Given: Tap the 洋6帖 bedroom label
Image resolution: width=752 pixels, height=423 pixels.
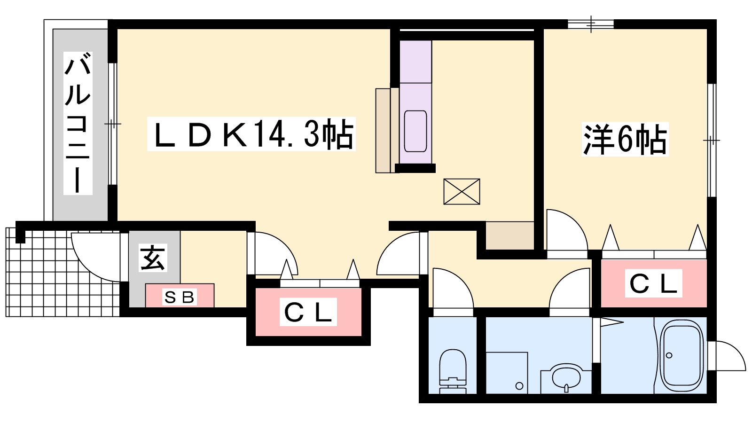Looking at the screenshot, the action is coord(625,140).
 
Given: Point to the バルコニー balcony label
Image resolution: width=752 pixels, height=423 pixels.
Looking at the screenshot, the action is coord(78,123).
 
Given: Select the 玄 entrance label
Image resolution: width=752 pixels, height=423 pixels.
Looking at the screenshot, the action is coord(153,258).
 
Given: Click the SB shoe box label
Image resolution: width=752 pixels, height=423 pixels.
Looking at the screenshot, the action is coord(179,298).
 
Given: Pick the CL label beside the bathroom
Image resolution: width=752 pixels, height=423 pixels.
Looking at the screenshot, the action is coord(653,283).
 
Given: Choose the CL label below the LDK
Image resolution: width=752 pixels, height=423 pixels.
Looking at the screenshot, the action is coord(308,312).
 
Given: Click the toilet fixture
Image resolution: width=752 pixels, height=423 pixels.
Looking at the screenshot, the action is coord(453,371).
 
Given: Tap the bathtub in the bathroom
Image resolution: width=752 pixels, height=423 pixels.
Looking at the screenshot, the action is coord(681,355).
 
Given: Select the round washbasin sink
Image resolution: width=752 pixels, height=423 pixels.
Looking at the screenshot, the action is coord(566,378).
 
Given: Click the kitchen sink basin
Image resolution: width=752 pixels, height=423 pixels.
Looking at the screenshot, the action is coord(415,131).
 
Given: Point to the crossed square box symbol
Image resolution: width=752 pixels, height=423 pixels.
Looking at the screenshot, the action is coord(462,191).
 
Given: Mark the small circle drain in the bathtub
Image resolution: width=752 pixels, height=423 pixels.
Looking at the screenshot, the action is coord(669,355).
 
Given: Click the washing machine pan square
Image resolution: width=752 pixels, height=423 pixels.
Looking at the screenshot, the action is coord(507,373).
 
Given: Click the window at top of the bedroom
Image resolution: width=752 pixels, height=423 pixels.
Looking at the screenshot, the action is coord(591,24).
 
